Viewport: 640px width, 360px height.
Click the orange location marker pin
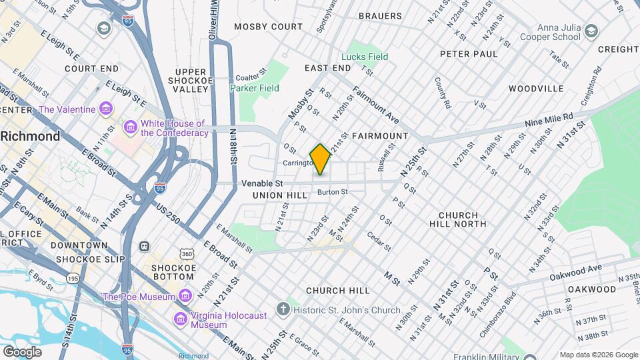coord(321,159)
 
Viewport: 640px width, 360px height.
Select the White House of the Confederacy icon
coord(131,125)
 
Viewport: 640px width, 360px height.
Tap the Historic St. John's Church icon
coord(284,309)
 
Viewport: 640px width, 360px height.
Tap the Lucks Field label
coord(364,57)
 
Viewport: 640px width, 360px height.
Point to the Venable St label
coord(262,183)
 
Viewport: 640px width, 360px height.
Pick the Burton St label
coord(333,192)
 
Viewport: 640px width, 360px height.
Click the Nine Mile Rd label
coord(549,119)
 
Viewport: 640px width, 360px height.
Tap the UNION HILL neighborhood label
coord(280,195)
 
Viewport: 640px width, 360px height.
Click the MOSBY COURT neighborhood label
coord(268,27)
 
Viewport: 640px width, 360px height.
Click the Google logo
coord(22,351)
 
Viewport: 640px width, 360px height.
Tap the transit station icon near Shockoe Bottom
coord(144,246)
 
